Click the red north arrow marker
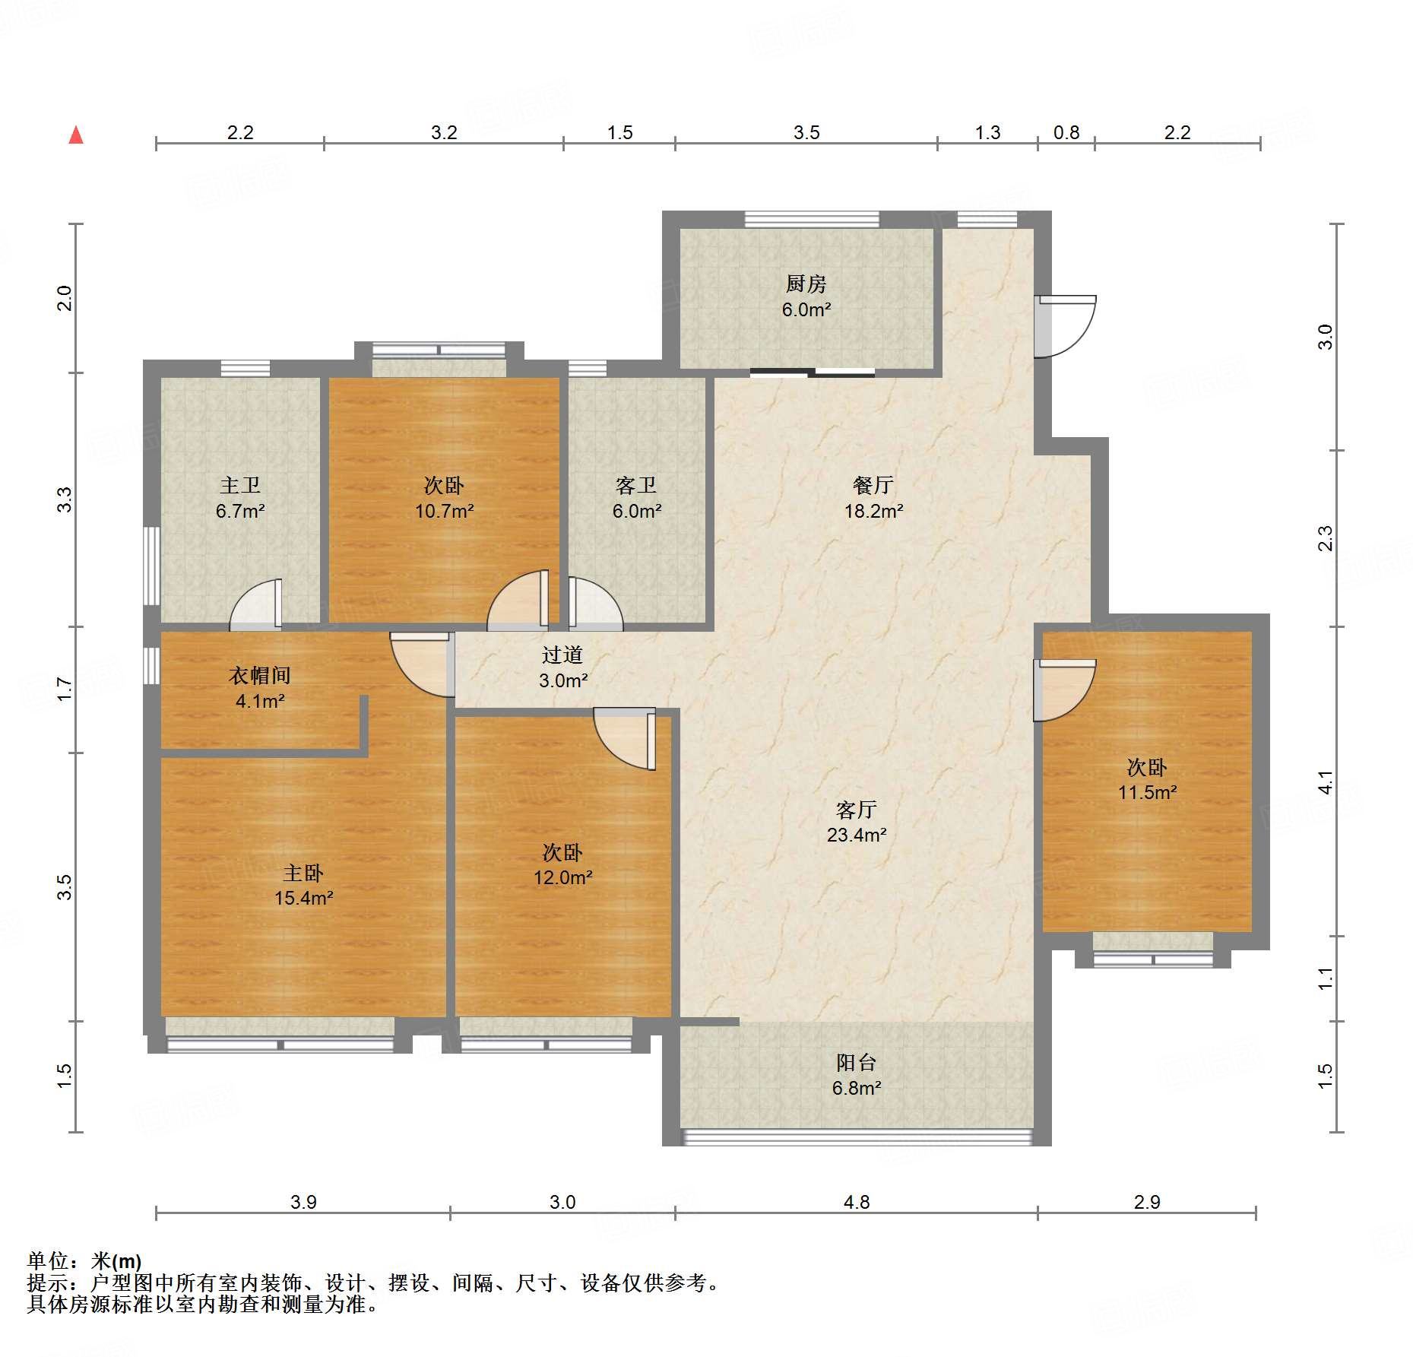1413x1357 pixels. (x=76, y=135)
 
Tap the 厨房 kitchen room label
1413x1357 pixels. (x=806, y=284)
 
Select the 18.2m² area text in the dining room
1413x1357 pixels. (x=873, y=512)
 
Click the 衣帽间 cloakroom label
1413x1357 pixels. (x=260, y=675)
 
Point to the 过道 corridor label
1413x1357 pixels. (x=562, y=655)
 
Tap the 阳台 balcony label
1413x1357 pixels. (x=856, y=1062)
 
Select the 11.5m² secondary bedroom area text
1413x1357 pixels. (x=1147, y=792)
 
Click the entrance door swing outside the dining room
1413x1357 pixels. (x=1066, y=325)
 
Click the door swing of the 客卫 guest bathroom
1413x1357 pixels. (x=594, y=605)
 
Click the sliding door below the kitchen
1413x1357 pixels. (x=812, y=373)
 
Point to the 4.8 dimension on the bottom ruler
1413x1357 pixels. (x=856, y=1202)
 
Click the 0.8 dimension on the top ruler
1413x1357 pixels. (x=1066, y=133)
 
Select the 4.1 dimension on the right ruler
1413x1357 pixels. (x=1325, y=782)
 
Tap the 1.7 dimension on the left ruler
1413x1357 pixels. (x=65, y=689)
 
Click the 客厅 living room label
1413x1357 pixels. (x=856, y=809)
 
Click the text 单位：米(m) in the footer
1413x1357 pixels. (x=84, y=1261)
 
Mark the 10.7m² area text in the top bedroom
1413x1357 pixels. (x=444, y=512)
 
